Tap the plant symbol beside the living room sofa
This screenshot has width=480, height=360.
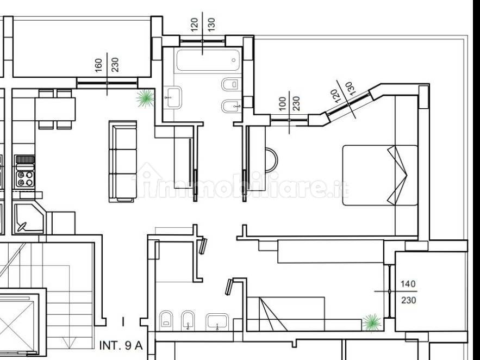pos(145,98)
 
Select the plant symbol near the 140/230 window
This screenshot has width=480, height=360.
pos(372,322)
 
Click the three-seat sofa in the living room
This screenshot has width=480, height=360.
pos(123,160)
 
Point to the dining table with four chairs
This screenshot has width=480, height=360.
pos(55,109)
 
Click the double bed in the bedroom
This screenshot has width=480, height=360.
pos(379,175)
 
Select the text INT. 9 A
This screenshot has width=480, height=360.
pos(121,345)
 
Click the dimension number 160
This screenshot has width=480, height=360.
pos(98,65)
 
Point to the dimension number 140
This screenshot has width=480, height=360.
pos(408,284)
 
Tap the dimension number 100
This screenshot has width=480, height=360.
pos(282,104)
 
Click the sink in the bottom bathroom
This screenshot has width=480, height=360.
pos(217,322)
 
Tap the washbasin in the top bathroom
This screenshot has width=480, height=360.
pos(173,97)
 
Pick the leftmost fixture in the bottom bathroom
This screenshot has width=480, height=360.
pos(166,320)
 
